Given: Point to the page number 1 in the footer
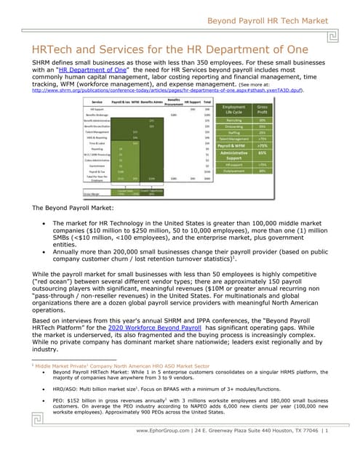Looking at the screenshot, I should click(x=327, y=431).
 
